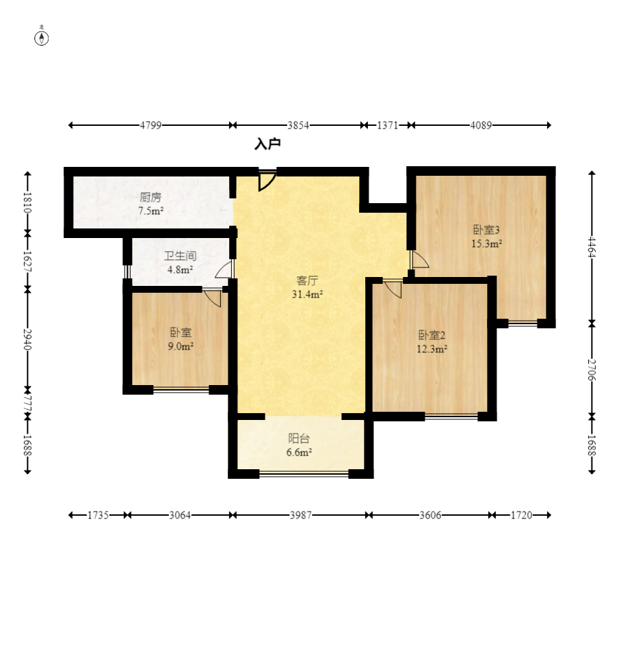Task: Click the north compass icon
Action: tap(41, 37)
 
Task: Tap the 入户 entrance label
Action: tap(267, 144)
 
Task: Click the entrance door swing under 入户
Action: tap(267, 181)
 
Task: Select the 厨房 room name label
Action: tap(150, 198)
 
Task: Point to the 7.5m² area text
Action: tap(150, 211)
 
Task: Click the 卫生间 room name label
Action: tap(180, 256)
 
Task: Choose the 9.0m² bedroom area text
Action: tap(181, 346)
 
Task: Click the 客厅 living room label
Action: tap(307, 280)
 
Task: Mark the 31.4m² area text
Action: tap(307, 294)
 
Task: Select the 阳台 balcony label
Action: tap(299, 438)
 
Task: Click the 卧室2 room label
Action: tap(432, 335)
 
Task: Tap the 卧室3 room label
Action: tap(486, 230)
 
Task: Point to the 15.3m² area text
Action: tap(486, 243)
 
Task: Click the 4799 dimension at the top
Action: tap(150, 125)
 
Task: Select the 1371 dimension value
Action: tap(387, 125)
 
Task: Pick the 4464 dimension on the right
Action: tap(592, 247)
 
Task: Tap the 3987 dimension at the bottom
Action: tap(301, 515)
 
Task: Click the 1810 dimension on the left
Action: tap(27, 202)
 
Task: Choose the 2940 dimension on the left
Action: tap(27, 339)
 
